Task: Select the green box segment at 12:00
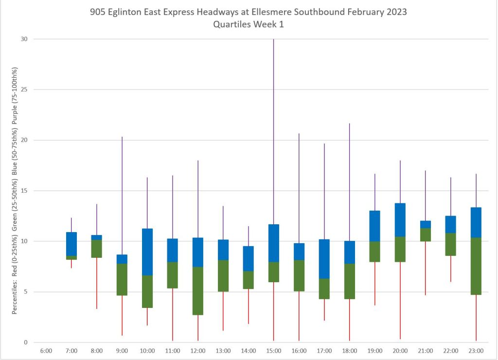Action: pyautogui.click(x=198, y=290)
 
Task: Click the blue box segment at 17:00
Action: pyautogui.click(x=324, y=259)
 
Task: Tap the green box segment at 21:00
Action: pyautogui.click(x=425, y=234)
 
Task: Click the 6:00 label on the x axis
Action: pyautogui.click(x=46, y=351)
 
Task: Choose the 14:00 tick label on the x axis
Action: pyautogui.click(x=249, y=351)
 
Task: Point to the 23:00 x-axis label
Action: pyautogui.click(x=476, y=351)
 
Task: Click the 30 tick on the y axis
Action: pyautogui.click(x=24, y=39)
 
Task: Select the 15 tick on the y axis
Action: pyautogui.click(x=24, y=191)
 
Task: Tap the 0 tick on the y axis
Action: pyautogui.click(x=26, y=342)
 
